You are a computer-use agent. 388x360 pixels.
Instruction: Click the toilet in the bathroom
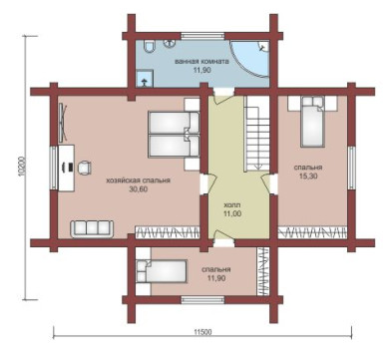click(x=150, y=47)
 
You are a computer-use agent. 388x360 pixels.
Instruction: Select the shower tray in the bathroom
click(x=145, y=79)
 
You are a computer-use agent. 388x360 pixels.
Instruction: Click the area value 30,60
click(x=138, y=189)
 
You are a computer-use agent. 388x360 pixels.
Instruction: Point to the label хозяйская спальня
click(x=138, y=180)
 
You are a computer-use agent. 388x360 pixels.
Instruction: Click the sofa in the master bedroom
click(x=92, y=228)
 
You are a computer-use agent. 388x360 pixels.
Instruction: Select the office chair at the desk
click(x=85, y=168)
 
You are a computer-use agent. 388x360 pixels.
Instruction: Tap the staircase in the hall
click(x=257, y=134)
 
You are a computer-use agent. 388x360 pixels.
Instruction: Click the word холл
click(x=232, y=205)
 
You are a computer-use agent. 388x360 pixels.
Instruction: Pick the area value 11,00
click(x=232, y=213)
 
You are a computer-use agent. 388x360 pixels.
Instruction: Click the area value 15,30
click(x=308, y=177)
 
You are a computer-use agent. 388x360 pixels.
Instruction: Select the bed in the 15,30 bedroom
click(x=312, y=122)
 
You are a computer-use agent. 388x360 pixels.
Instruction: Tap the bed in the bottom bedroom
click(x=162, y=271)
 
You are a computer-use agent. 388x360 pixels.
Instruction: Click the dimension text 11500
click(x=202, y=332)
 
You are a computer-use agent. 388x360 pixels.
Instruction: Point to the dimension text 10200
click(x=22, y=167)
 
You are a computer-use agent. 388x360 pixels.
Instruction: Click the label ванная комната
click(x=201, y=62)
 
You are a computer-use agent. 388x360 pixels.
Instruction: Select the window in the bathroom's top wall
click(x=202, y=36)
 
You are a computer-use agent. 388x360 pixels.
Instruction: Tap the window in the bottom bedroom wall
click(x=202, y=300)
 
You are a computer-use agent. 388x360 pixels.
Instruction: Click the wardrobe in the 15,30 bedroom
click(x=312, y=232)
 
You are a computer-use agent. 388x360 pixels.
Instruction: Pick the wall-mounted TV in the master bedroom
click(x=63, y=123)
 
